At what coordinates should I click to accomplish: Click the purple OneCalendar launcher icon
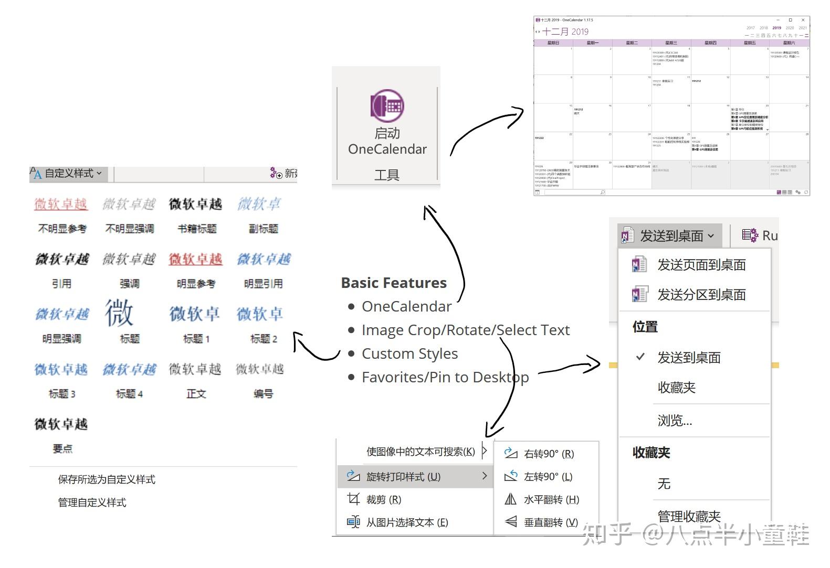click(x=387, y=105)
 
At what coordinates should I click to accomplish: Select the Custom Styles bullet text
click(x=409, y=354)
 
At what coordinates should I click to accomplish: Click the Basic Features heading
click(x=394, y=283)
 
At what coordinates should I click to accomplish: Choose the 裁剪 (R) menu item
click(x=383, y=500)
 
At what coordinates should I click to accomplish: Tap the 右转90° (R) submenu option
click(x=549, y=454)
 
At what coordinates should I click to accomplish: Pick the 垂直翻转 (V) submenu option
click(x=550, y=522)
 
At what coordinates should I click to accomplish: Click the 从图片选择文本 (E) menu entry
click(x=407, y=522)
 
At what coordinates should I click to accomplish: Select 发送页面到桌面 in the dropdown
click(x=701, y=265)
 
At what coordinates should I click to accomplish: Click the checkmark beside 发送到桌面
click(x=640, y=357)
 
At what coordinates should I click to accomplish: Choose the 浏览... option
click(x=675, y=421)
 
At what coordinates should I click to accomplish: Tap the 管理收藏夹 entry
click(x=689, y=516)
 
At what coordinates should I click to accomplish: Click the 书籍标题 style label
click(x=197, y=229)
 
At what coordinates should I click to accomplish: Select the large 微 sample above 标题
click(x=120, y=313)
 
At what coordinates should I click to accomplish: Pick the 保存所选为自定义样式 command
click(x=107, y=479)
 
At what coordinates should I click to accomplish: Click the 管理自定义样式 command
click(x=92, y=502)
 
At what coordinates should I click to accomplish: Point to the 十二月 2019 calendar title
click(x=565, y=31)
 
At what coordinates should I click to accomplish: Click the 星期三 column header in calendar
click(x=671, y=43)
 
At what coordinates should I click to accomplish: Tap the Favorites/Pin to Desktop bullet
click(x=445, y=378)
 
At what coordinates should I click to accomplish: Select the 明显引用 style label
click(x=263, y=284)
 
